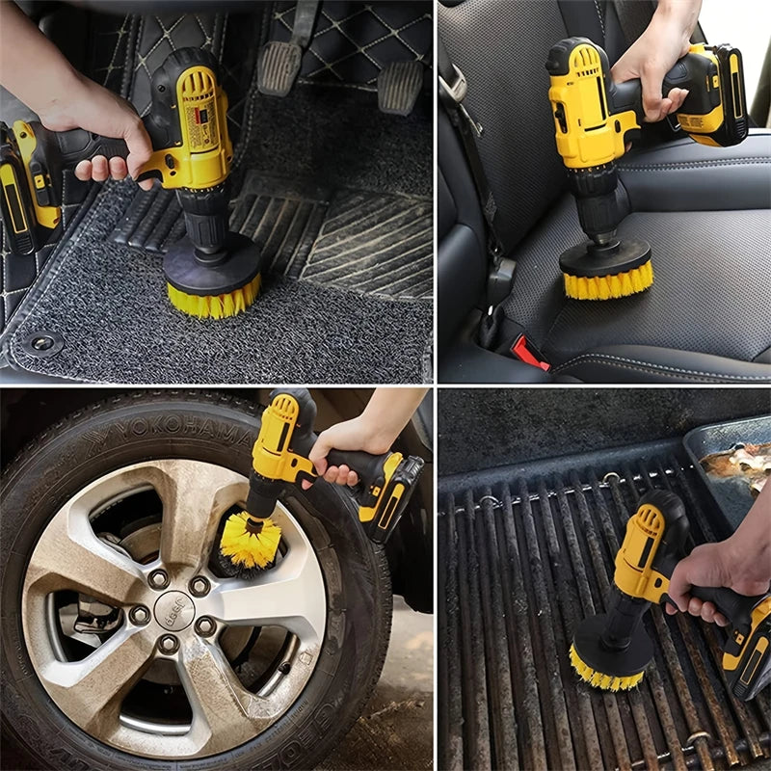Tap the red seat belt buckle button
click(528, 353)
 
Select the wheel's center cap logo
click(173, 609)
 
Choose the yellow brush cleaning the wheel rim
click(250, 541)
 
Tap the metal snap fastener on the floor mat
click(42, 342)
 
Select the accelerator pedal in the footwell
click(400, 87)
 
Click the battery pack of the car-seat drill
click(713, 96)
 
